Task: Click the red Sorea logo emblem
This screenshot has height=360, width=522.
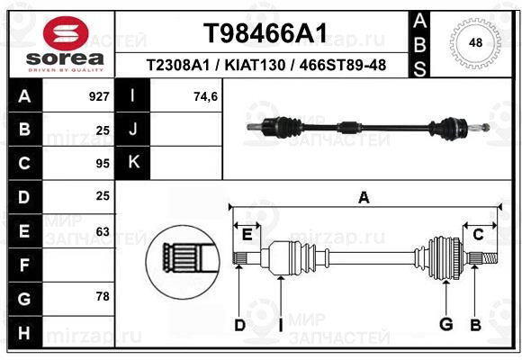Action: click(66, 33)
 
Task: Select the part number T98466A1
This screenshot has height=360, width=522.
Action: click(265, 33)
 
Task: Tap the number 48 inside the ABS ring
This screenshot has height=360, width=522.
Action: click(475, 43)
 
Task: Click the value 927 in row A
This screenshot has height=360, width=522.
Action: click(99, 96)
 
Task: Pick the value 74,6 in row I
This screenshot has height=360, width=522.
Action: click(205, 97)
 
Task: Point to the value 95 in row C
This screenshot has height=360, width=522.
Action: click(103, 164)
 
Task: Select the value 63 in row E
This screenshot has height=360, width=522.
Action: click(103, 231)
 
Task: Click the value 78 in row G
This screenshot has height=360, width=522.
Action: click(103, 296)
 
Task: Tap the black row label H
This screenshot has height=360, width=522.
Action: click(25, 333)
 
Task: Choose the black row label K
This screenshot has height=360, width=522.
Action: click(133, 162)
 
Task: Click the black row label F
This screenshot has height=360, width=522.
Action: click(25, 265)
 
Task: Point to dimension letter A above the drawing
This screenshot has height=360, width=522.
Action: click(364, 198)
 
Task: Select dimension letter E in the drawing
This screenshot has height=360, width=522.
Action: click(247, 235)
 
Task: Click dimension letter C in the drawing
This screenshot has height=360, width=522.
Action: click(478, 235)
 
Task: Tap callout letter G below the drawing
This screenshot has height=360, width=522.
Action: click(446, 324)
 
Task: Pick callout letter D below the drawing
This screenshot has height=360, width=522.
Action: click(239, 326)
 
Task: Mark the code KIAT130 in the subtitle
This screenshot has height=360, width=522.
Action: click(255, 66)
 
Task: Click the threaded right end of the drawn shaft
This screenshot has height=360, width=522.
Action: click(490, 258)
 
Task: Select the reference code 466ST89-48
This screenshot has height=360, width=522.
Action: click(343, 66)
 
